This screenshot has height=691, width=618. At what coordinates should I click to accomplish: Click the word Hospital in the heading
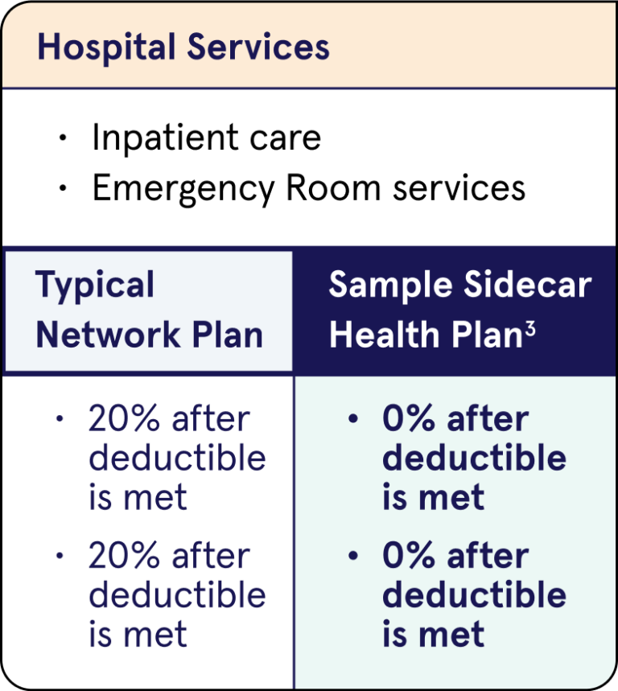pos(105,47)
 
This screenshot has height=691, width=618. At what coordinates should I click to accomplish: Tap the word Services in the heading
pos(258,47)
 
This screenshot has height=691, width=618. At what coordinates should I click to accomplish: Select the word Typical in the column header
pos(95,286)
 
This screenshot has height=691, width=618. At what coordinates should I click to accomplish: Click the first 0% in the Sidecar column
pos(407,420)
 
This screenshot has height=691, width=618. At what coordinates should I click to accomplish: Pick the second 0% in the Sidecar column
pos(407,557)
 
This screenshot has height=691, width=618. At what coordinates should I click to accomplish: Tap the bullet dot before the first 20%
pos(59,419)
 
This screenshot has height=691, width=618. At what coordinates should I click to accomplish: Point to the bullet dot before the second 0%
pos(352,556)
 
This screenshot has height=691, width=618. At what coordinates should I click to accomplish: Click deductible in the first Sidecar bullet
pos(474,458)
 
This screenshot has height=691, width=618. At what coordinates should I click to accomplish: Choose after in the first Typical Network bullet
pos(210,420)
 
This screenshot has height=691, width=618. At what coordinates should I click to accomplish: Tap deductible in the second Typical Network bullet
pos(177,595)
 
